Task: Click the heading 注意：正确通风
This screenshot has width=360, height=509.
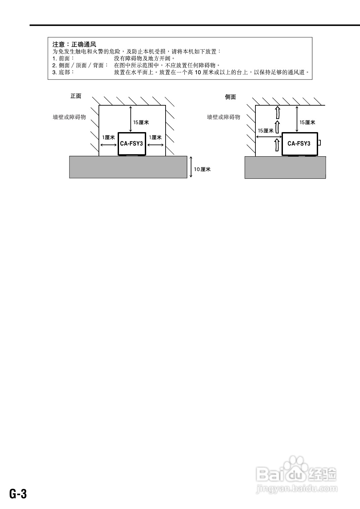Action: (74, 44)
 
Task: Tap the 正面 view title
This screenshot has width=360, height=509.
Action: (76, 96)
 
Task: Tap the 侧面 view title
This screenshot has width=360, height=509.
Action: (230, 97)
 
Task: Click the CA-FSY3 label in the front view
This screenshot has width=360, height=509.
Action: (131, 144)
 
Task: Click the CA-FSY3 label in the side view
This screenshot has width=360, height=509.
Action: (299, 144)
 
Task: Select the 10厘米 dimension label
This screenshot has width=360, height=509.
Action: (202, 169)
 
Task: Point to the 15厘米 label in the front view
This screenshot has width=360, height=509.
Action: (141, 122)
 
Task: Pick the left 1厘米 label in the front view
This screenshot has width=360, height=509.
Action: (108, 137)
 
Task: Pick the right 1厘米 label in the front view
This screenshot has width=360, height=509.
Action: (155, 137)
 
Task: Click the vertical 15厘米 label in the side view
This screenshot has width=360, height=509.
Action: (307, 122)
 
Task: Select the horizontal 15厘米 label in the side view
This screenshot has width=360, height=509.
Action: (265, 131)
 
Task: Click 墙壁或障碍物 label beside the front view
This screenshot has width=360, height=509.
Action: (69, 117)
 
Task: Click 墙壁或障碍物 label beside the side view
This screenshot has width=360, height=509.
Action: (224, 117)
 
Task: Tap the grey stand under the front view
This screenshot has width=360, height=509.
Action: (128, 167)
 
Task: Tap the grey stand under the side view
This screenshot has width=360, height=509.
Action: (285, 167)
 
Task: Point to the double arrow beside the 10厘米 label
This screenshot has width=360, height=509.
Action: (191, 167)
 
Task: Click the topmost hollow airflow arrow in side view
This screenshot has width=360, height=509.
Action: (277, 112)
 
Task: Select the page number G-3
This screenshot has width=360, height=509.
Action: (18, 494)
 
